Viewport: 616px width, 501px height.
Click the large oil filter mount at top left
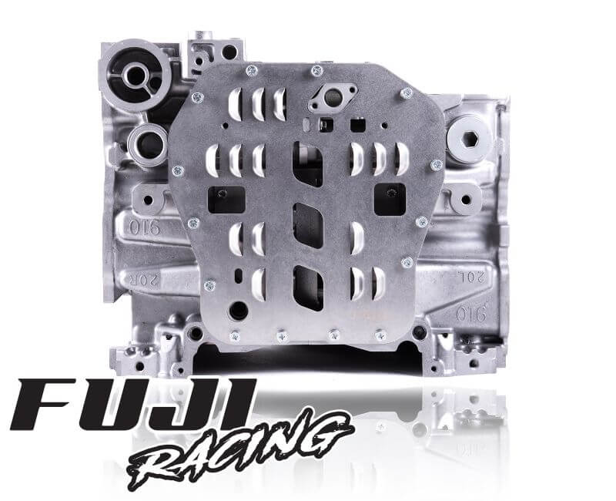pyautogui.click(x=136, y=76)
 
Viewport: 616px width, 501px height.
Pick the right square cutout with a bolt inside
pyautogui.click(x=390, y=199)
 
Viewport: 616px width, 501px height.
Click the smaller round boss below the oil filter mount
pyautogui.click(x=146, y=142)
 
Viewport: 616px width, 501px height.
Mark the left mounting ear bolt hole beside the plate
pyautogui.click(x=146, y=199)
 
